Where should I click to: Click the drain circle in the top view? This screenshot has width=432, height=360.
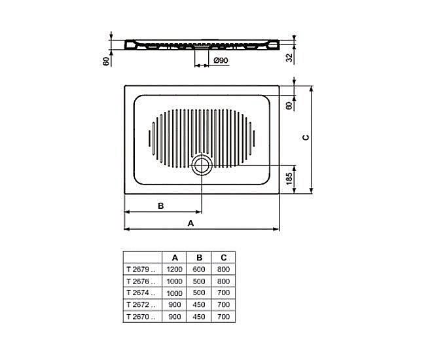(x=202, y=166)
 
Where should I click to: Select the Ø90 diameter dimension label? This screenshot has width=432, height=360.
(x=221, y=61)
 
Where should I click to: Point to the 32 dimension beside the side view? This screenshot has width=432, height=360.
(x=289, y=57)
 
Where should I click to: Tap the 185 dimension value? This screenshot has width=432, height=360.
(x=289, y=178)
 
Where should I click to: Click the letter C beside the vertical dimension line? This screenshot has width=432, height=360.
(x=305, y=137)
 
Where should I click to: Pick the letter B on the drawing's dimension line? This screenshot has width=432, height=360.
(x=160, y=206)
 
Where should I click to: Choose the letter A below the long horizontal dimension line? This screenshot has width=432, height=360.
(x=191, y=223)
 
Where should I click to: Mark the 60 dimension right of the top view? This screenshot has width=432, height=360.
(x=289, y=105)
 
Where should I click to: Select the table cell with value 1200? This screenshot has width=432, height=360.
(x=174, y=269)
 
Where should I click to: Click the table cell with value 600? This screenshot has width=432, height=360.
(x=200, y=269)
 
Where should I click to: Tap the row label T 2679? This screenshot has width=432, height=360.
(x=141, y=269)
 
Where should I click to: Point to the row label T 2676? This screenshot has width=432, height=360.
(x=141, y=281)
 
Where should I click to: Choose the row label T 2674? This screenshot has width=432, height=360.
(x=141, y=293)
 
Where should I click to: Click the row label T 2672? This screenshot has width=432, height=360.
(x=141, y=304)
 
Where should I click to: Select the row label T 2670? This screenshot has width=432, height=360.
(x=141, y=316)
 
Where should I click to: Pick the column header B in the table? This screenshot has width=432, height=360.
(x=200, y=257)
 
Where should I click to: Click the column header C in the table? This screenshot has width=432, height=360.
(x=223, y=257)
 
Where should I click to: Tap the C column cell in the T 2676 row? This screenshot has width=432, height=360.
(x=223, y=281)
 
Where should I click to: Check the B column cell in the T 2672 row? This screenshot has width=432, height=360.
(x=200, y=304)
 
